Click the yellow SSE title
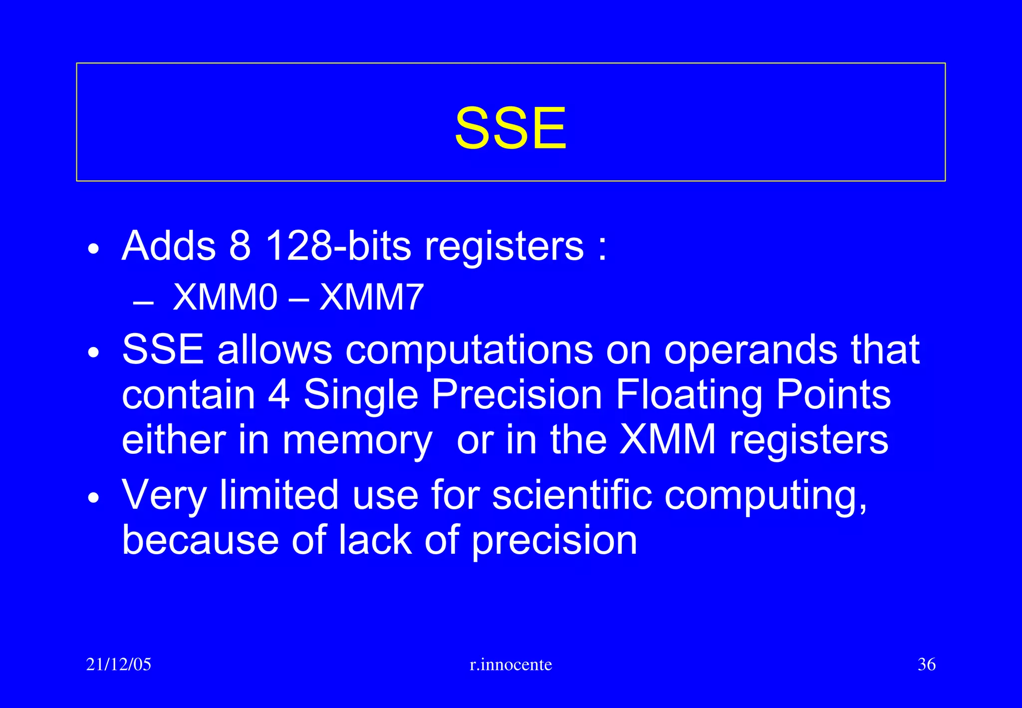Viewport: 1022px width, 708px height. point(511,128)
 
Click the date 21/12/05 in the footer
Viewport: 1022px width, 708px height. point(118,665)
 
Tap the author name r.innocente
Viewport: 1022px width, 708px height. point(511,665)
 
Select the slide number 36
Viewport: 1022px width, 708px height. point(926,665)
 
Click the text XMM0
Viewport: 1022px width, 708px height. point(225,298)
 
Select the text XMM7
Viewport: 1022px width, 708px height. point(371,298)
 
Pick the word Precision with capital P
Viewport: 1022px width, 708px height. point(516,394)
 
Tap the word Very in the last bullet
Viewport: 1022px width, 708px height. point(164,495)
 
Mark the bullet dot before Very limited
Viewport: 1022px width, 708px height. point(93,498)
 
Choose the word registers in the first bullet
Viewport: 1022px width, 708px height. point(504,246)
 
